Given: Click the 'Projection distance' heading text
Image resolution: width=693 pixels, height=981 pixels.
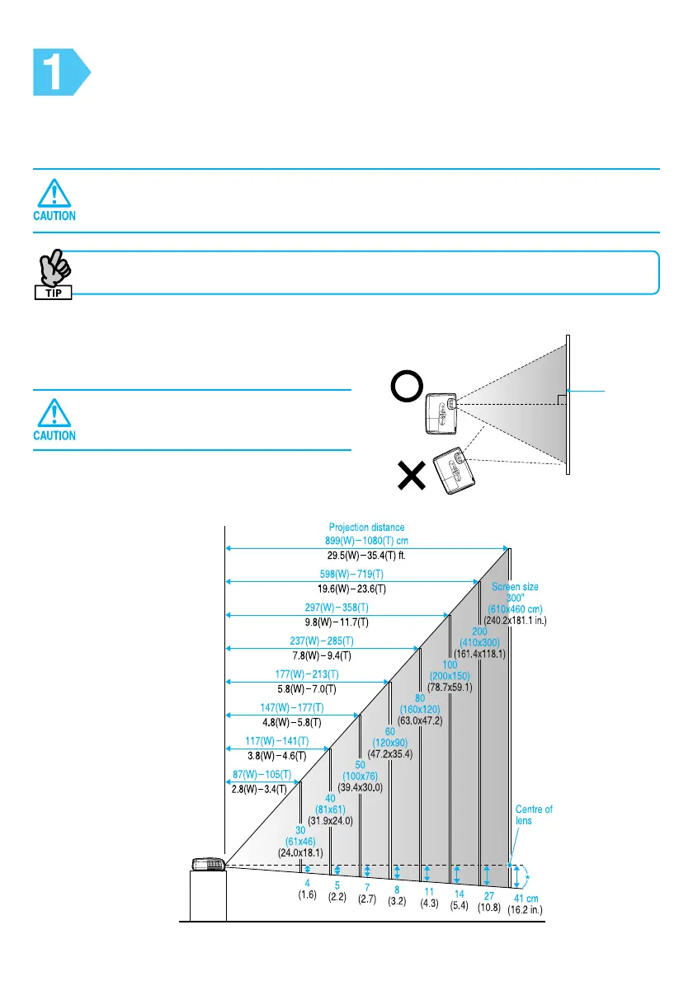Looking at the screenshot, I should coord(367,527).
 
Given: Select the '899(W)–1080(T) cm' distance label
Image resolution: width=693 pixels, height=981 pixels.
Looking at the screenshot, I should coord(367,541).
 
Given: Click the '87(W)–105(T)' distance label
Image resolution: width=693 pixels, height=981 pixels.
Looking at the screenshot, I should coord(262,775).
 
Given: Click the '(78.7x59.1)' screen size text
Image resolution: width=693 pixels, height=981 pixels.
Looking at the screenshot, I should coord(450,687).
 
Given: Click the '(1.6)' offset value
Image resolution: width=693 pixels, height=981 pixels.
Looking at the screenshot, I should coord(307,895).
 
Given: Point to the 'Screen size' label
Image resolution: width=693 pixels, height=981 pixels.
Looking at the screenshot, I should coord(515,587).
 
